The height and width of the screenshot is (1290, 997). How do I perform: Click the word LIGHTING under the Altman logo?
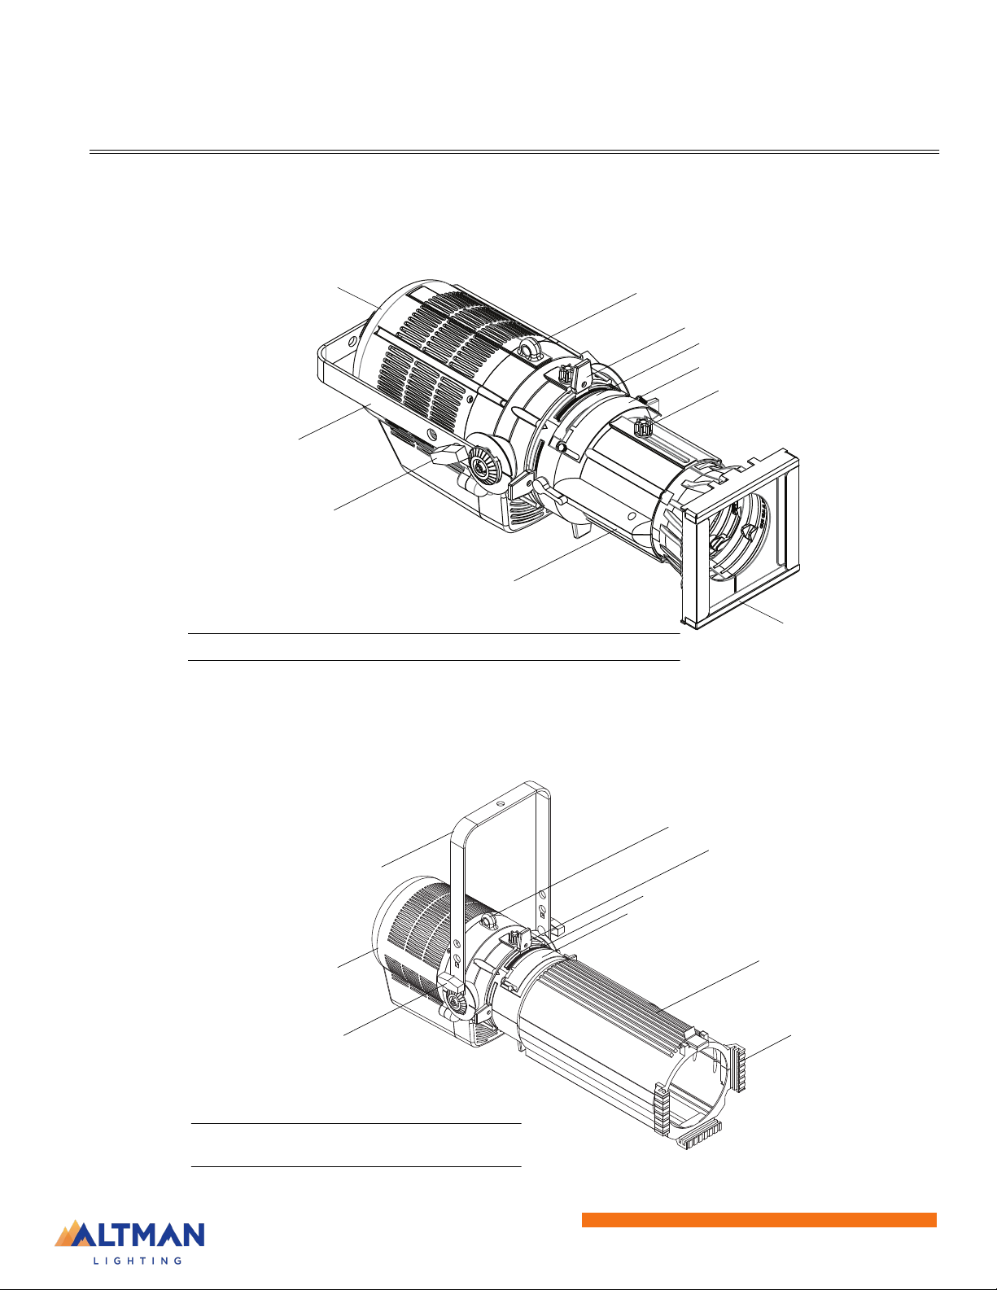tap(138, 1261)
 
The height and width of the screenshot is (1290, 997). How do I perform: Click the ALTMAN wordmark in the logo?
tap(138, 1235)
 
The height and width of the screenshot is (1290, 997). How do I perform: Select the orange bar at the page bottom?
tap(759, 1220)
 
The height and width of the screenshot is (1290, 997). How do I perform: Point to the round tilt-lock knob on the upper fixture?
tap(483, 469)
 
